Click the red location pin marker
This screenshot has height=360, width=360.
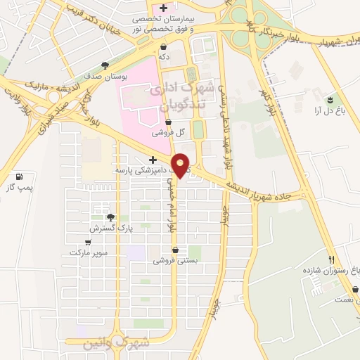pos(181,165)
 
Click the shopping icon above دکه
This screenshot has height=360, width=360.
pos(163,47)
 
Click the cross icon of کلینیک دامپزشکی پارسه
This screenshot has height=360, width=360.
pos(152,160)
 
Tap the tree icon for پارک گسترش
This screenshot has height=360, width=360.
pos(110,217)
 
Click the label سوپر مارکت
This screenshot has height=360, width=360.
pos(89,252)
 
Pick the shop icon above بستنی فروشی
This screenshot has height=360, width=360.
pos(175,250)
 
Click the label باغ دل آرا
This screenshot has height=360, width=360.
pos(328,110)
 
